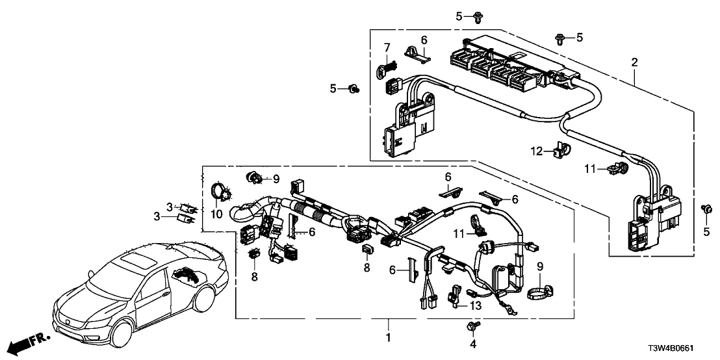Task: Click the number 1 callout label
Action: [x=389, y=338]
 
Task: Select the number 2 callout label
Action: [x=635, y=63]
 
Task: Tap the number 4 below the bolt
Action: [x=472, y=342]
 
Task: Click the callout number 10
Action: [x=217, y=213]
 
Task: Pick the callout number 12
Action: [x=536, y=151]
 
